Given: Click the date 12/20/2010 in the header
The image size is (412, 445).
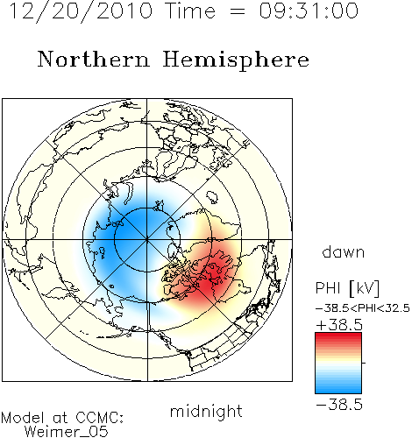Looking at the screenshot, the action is [81, 11].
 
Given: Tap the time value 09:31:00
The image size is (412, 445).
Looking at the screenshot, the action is [309, 11].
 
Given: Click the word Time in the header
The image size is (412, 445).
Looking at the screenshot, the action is [190, 11].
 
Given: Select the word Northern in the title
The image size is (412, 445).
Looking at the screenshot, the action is [94, 60].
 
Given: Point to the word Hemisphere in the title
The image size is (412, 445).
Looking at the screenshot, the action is [236, 61].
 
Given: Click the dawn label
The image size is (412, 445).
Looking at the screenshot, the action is [344, 251].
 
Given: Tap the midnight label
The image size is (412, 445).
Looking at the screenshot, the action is [206, 411].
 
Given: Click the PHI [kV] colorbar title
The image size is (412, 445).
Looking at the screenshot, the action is [347, 288].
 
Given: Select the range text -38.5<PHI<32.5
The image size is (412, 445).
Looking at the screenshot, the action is [363, 308].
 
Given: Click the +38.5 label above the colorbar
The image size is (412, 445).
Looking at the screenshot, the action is [339, 325].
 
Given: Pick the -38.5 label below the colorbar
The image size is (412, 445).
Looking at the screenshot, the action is [339, 405].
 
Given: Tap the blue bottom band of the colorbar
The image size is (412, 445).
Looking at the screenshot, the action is [338, 388].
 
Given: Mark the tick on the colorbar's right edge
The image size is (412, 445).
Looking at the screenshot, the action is [364, 363].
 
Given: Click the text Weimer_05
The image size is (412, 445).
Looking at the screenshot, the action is [67, 431].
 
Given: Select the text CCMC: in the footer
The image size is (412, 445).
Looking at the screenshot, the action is [100, 418].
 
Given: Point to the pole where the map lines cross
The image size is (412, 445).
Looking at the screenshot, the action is [147, 240].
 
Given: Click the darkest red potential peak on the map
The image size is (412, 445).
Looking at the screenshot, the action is [212, 276].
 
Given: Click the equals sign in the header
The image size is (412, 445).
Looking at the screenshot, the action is [238, 12].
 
